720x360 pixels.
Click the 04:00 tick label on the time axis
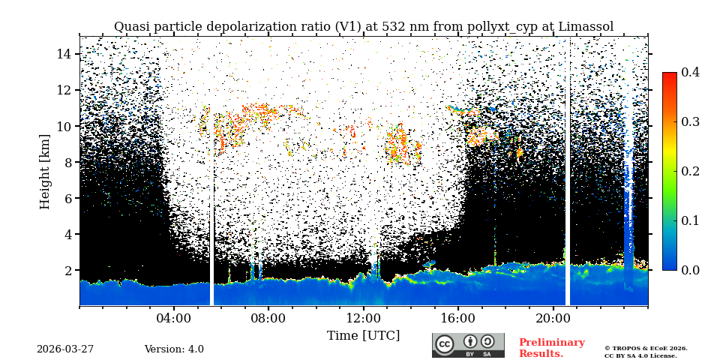174,317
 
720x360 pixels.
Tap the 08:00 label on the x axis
268,317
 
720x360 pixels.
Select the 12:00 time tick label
363,317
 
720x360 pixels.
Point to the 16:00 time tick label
458,317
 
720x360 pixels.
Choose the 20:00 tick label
553,317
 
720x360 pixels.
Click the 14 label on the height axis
64,54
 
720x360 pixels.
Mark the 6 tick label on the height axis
67,198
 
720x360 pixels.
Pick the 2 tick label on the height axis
67,270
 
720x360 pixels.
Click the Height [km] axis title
45,172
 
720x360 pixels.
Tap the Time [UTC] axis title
363,335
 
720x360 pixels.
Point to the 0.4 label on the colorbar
690,72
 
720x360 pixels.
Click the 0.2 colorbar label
690,171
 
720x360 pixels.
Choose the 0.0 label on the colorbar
690,270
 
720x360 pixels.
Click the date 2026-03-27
65,349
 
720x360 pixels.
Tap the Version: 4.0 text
174,349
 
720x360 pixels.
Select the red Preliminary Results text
551,348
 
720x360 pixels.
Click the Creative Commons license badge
468,345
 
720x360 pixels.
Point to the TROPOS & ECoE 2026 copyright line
646,348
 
